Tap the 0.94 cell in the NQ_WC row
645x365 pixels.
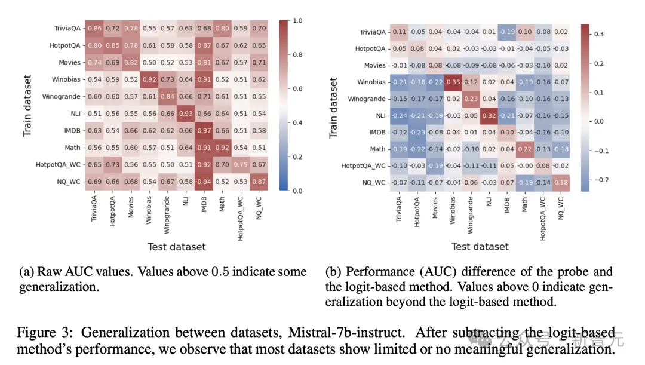pos(204,182)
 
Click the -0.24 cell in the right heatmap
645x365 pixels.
pos(399,115)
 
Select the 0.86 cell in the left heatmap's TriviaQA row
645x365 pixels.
pos(95,27)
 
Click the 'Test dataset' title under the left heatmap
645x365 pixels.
pos(177,246)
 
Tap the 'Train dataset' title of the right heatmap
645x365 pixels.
pos(333,108)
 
